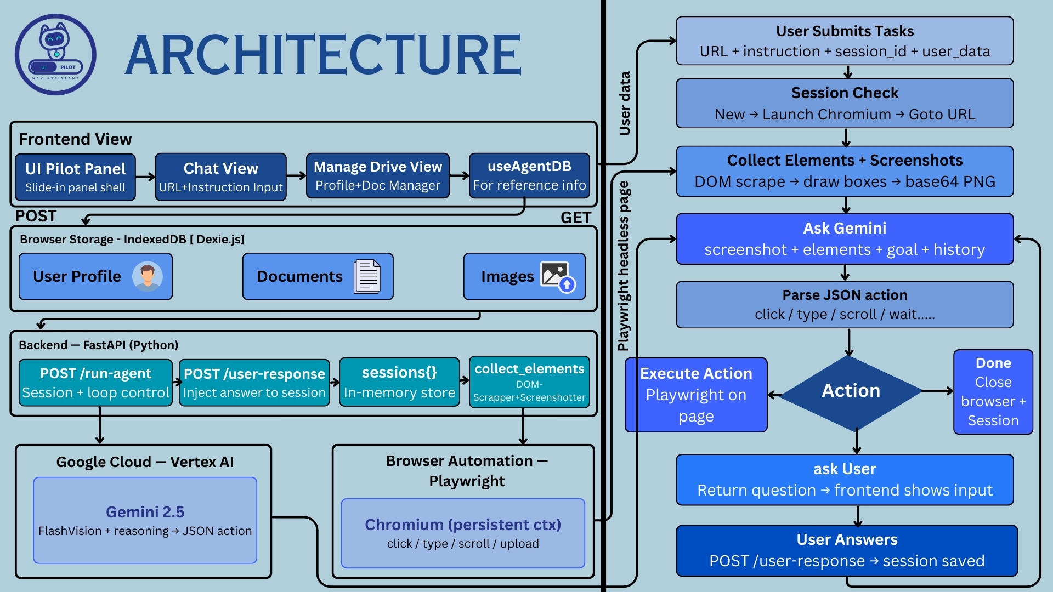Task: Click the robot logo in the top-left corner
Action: (55, 54)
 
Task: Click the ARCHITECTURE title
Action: (323, 54)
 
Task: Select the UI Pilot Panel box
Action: (75, 177)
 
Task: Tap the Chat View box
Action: (220, 177)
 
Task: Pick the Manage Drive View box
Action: (377, 176)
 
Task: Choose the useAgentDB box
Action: (529, 175)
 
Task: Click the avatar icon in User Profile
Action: (147, 276)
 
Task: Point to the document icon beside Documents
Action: (367, 276)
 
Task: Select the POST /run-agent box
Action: (95, 383)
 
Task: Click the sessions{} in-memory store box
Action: (399, 382)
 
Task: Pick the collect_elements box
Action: (529, 382)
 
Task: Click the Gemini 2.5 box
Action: (145, 520)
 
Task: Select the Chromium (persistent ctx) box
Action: (463, 533)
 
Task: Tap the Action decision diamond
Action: (851, 391)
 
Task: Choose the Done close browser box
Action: (993, 392)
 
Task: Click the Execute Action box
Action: (696, 395)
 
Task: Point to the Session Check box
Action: (845, 103)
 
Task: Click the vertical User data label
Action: (625, 103)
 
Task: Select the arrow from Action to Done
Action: (938, 391)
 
